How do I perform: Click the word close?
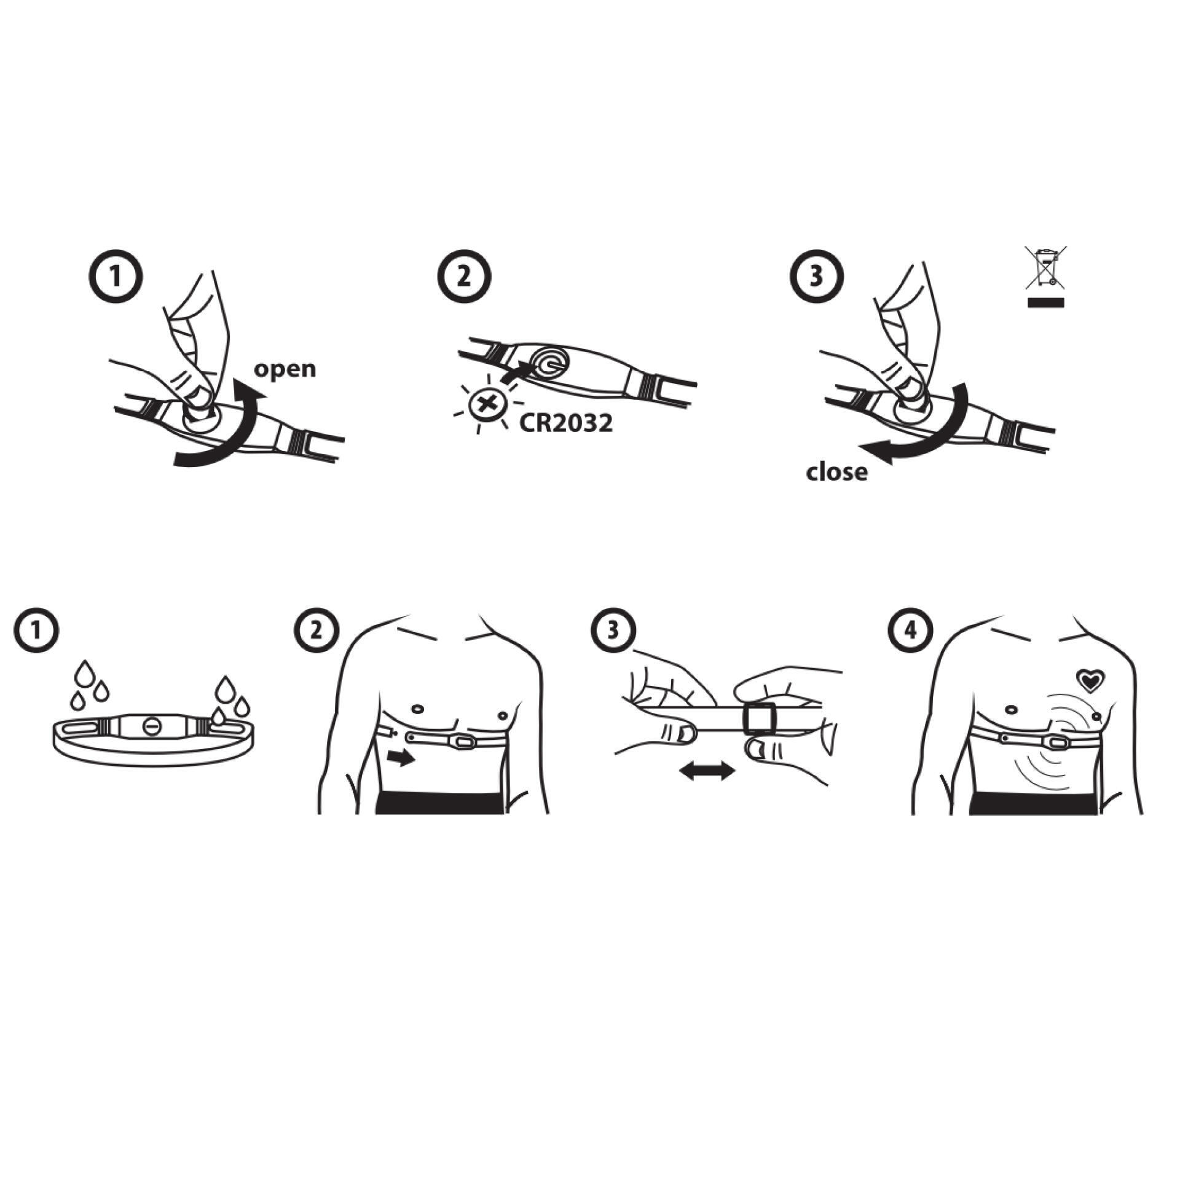click(x=836, y=471)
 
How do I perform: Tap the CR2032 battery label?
click(x=566, y=423)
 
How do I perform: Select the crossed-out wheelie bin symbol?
click(x=1045, y=275)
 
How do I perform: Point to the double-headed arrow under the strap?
click(x=707, y=771)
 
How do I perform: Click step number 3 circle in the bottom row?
click(x=613, y=630)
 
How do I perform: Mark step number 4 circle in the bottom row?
click(x=910, y=630)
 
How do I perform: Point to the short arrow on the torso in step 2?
click(x=402, y=760)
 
